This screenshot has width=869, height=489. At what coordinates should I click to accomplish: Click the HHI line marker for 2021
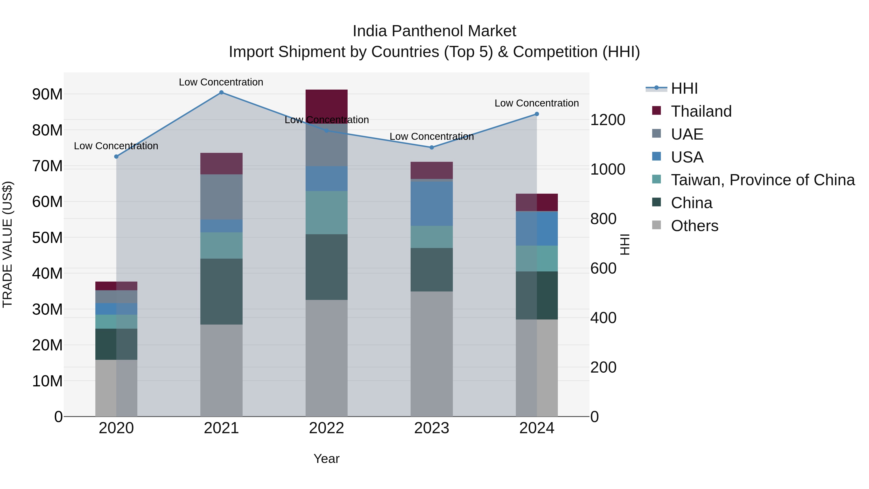pos(221,92)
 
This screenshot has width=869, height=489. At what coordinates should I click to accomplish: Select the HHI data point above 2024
pos(537,114)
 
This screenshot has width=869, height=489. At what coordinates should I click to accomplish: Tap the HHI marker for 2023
pos(431,148)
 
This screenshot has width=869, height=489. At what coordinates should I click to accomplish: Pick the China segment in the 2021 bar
pos(221,291)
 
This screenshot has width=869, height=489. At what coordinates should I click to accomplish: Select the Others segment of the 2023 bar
pos(431,354)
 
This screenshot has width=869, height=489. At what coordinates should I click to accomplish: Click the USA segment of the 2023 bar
pos(431,204)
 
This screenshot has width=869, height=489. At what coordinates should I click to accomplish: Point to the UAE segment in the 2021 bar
pos(221,197)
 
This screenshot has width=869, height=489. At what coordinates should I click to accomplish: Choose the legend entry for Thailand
pos(701,111)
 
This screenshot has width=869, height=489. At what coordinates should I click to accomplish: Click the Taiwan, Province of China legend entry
pos(762,180)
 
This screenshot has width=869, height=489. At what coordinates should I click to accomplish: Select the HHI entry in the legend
pos(684,88)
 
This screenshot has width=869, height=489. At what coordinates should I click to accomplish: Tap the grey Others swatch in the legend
pos(657,225)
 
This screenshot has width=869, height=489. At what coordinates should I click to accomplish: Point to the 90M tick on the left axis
pos(47,94)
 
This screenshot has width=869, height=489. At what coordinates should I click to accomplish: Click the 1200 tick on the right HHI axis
pos(608,120)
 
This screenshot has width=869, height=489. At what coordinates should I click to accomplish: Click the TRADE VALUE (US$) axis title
pos(7,244)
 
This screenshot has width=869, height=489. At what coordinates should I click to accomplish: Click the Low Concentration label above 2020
pos(116,146)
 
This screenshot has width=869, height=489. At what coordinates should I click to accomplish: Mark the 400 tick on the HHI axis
pos(603,318)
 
